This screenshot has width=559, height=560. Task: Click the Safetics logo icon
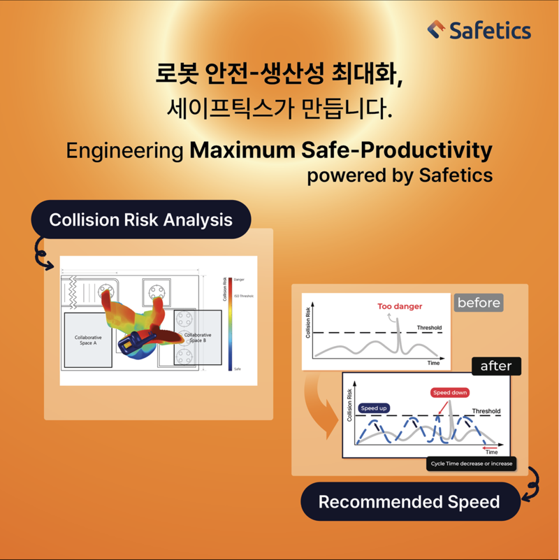click(x=436, y=30)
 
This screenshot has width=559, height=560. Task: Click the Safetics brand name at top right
click(x=490, y=31)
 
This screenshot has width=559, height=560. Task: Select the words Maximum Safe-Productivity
click(x=341, y=150)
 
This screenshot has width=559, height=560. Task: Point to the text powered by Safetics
click(x=400, y=174)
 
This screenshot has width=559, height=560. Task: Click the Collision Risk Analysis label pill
click(x=140, y=220)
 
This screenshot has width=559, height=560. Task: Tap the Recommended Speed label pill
click(x=409, y=501)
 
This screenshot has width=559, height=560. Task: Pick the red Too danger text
click(x=400, y=306)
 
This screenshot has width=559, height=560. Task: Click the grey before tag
click(x=479, y=303)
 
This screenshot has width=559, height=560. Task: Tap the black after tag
click(x=496, y=366)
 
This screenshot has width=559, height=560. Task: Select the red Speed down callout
click(x=449, y=392)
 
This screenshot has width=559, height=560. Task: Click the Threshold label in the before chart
click(x=429, y=327)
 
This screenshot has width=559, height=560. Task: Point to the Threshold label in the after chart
click(x=486, y=411)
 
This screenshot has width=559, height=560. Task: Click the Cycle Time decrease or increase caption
click(x=471, y=464)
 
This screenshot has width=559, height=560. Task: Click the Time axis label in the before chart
click(x=433, y=364)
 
